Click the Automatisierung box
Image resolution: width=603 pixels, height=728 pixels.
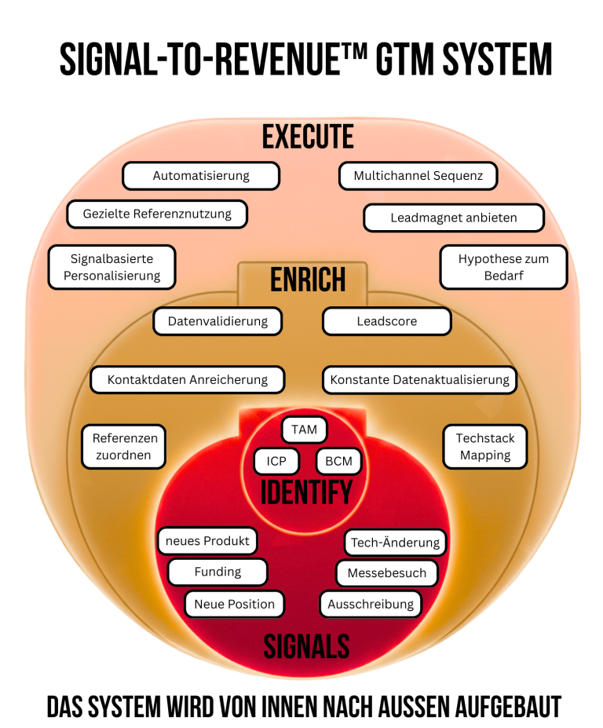coord(201,176)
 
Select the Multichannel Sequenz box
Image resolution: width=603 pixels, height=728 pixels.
coord(418,176)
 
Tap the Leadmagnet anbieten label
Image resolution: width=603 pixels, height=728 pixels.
coord(454,218)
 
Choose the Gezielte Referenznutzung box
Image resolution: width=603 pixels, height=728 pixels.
coord(157,214)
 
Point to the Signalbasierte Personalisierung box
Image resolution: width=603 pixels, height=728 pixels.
coord(111,267)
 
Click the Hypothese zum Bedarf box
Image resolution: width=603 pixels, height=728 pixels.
coord(502,267)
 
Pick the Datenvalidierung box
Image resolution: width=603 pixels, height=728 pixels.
coord(217,320)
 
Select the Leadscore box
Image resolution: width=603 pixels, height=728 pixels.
coord(387,320)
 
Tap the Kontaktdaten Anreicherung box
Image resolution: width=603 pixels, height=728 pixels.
coord(188,379)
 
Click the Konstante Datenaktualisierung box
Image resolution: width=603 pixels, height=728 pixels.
coord(419,379)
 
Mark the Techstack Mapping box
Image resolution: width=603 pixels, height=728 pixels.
coord(485,447)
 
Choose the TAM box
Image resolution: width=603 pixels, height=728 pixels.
coord(304,430)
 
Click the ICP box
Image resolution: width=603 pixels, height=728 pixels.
coord(276,461)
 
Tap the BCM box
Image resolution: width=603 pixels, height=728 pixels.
coord(338,461)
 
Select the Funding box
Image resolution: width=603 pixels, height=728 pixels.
coord(217,572)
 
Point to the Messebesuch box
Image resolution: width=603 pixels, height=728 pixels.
coord(386,573)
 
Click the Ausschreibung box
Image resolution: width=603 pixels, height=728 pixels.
coord(371,604)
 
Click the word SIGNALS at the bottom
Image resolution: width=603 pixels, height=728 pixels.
coord(306,647)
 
